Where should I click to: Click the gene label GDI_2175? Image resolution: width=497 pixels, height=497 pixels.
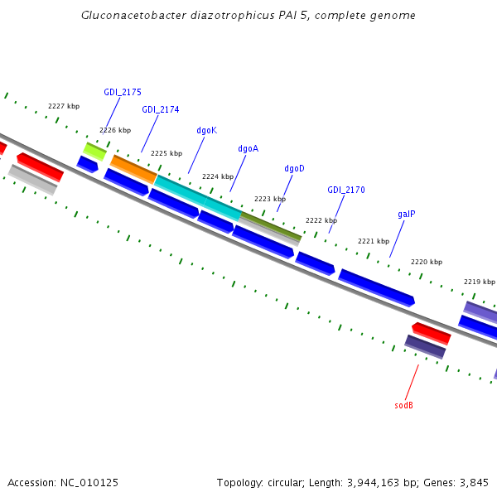(x=123, y=92)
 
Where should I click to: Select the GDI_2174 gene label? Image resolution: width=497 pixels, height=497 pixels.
(x=160, y=109)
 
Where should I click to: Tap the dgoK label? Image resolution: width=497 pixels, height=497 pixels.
(x=206, y=130)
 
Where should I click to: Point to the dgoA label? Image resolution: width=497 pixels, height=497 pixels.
(x=248, y=149)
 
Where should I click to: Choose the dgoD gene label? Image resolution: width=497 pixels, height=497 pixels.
(x=294, y=168)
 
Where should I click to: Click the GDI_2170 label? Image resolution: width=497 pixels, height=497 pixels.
(x=345, y=190)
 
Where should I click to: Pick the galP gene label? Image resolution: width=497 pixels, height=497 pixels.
(x=406, y=214)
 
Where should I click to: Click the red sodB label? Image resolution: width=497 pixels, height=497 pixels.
(x=403, y=405)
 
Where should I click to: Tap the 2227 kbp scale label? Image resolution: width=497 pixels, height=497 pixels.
(x=64, y=106)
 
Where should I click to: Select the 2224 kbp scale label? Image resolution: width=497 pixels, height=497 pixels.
(x=218, y=176)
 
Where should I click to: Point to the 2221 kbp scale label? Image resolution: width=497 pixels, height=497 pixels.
(x=373, y=241)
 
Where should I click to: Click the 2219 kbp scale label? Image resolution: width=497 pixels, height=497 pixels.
(x=479, y=282)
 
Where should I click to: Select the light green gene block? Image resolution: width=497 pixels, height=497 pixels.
(x=94, y=151)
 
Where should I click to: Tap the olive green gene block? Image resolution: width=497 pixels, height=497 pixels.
(x=271, y=225)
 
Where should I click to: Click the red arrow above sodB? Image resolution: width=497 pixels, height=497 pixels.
(x=432, y=333)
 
